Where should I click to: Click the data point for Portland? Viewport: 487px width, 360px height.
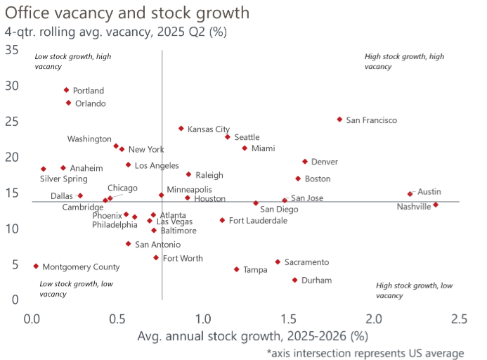tap(67, 90)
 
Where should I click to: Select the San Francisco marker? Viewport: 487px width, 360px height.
tap(339, 120)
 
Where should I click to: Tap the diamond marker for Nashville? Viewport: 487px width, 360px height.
tap(436, 205)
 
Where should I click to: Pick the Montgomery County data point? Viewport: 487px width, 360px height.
tap(36, 266)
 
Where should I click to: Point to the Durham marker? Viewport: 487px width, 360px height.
tap(294, 280)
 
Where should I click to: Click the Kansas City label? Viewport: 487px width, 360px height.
tap(209, 129)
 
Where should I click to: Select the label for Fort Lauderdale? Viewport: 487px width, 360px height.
tap(258, 221)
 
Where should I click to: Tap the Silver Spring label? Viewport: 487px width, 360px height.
tap(64, 179)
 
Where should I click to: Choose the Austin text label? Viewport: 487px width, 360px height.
tap(429, 191)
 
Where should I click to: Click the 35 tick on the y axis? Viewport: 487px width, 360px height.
tap(12, 50)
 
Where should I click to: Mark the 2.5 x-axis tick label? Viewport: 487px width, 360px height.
tap(459, 319)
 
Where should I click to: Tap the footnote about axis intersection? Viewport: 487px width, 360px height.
tap(365, 352)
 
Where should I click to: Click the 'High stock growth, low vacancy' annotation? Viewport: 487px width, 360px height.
tap(415, 290)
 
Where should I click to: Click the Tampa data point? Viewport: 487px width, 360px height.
tap(237, 269)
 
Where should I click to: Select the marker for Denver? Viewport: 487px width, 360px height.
tap(305, 162)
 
